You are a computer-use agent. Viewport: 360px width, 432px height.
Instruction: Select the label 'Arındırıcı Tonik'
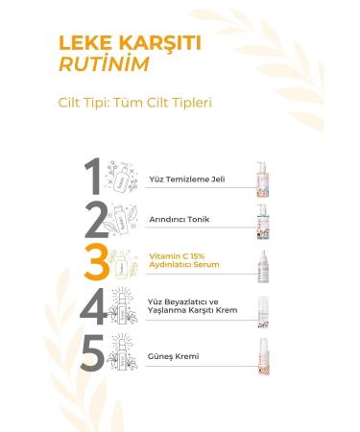click(x=173, y=220)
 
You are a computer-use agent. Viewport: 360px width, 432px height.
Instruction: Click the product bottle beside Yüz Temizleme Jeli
click(x=261, y=179)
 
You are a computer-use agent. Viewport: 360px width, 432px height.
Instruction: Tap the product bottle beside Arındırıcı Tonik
click(x=261, y=221)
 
